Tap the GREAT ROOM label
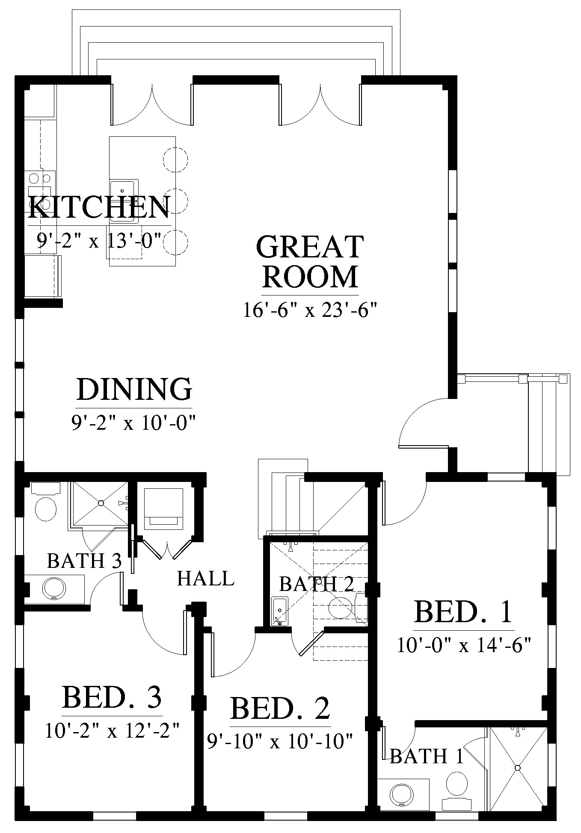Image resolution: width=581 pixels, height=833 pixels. click(310, 261)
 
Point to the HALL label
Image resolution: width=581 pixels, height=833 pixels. click(206, 579)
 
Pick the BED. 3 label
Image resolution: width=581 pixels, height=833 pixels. click(112, 697)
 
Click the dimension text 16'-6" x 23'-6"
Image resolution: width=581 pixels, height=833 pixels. click(310, 310)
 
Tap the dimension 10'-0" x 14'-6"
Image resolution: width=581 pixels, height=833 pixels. click(464, 645)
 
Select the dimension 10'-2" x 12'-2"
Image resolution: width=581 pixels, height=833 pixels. click(112, 730)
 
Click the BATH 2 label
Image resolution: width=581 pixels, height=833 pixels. click(317, 583)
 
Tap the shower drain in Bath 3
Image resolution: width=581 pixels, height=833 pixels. click(101, 503)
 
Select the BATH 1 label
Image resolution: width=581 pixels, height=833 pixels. click(427, 756)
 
